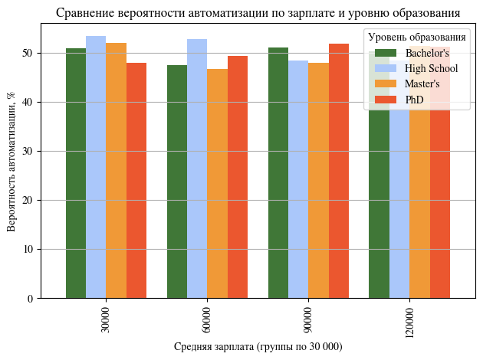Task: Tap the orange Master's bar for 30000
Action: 116,170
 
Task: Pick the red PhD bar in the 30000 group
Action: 136,180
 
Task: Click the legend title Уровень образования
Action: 417,37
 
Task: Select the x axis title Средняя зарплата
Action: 258,347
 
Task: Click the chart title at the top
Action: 258,13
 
